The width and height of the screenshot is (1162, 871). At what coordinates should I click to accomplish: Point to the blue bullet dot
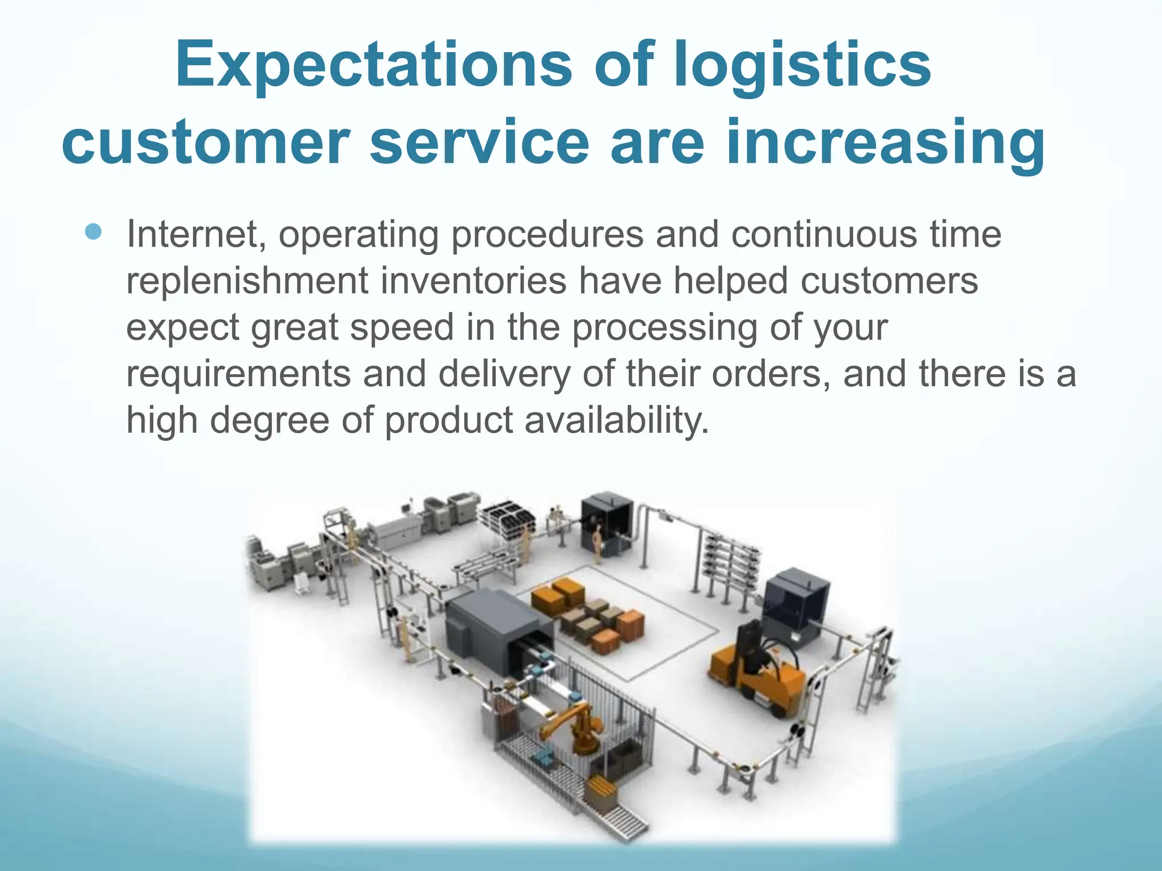click(93, 232)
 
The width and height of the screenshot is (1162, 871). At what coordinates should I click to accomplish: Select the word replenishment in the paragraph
click(247, 281)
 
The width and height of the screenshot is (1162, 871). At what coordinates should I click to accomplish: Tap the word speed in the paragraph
click(402, 327)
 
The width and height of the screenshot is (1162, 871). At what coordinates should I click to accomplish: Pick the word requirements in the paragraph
click(238, 374)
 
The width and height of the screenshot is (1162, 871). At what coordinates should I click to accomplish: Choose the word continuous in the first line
click(823, 234)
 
